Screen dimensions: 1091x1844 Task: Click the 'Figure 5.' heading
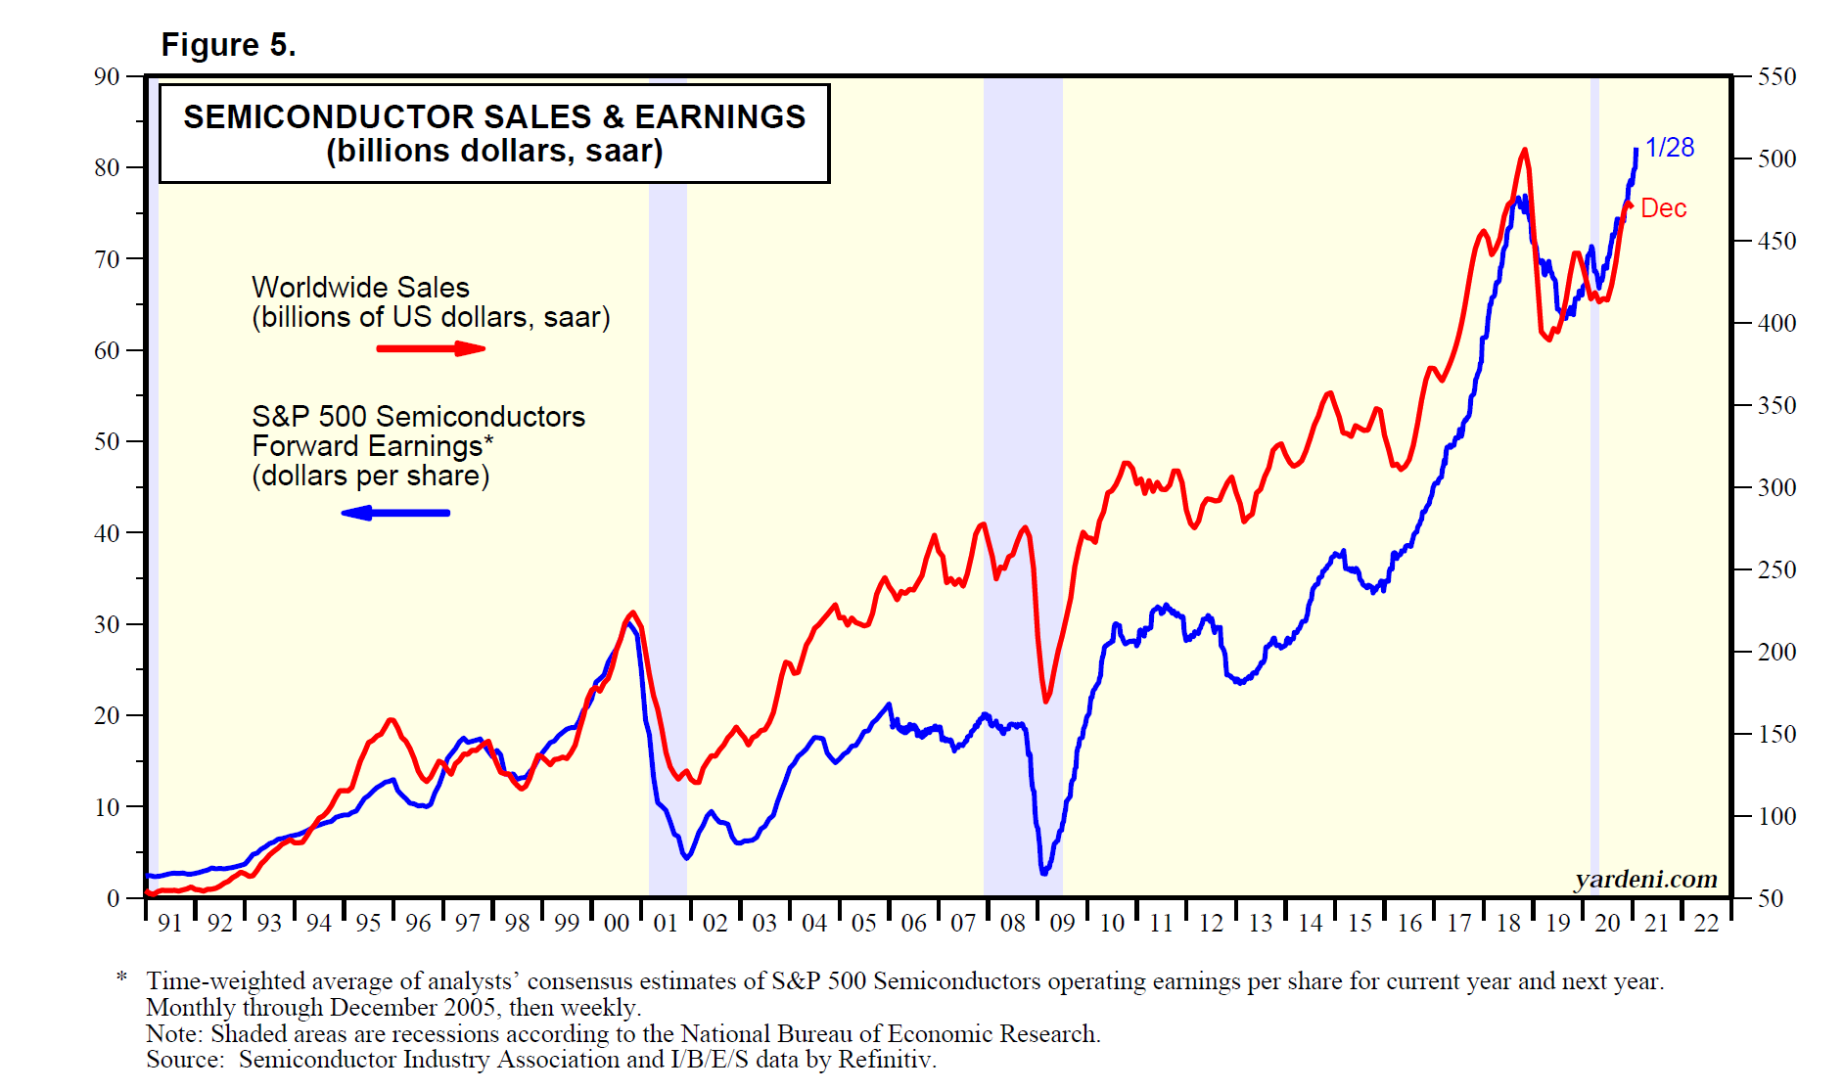(228, 45)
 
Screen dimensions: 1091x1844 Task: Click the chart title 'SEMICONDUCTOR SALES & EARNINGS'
(494, 117)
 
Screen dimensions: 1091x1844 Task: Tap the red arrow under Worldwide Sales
(431, 348)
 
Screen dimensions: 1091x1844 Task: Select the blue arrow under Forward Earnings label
(395, 513)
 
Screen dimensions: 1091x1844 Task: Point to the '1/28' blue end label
(1669, 148)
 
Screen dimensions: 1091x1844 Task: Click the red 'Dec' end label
(1663, 208)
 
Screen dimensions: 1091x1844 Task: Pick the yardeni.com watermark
(1645, 880)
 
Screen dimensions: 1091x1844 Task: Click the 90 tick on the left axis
(107, 76)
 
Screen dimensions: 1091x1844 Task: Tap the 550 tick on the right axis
(1776, 76)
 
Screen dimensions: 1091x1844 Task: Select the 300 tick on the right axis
(1776, 487)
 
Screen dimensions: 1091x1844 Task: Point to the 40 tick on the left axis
(107, 533)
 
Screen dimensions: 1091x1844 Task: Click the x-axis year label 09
(1062, 923)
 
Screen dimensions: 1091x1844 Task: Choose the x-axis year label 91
(170, 923)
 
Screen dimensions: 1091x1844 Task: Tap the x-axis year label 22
(1706, 923)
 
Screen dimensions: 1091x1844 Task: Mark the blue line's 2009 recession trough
(1044, 872)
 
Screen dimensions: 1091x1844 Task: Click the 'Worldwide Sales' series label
(360, 288)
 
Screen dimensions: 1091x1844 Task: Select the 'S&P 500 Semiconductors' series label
(418, 417)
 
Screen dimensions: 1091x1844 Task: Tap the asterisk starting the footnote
(122, 978)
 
